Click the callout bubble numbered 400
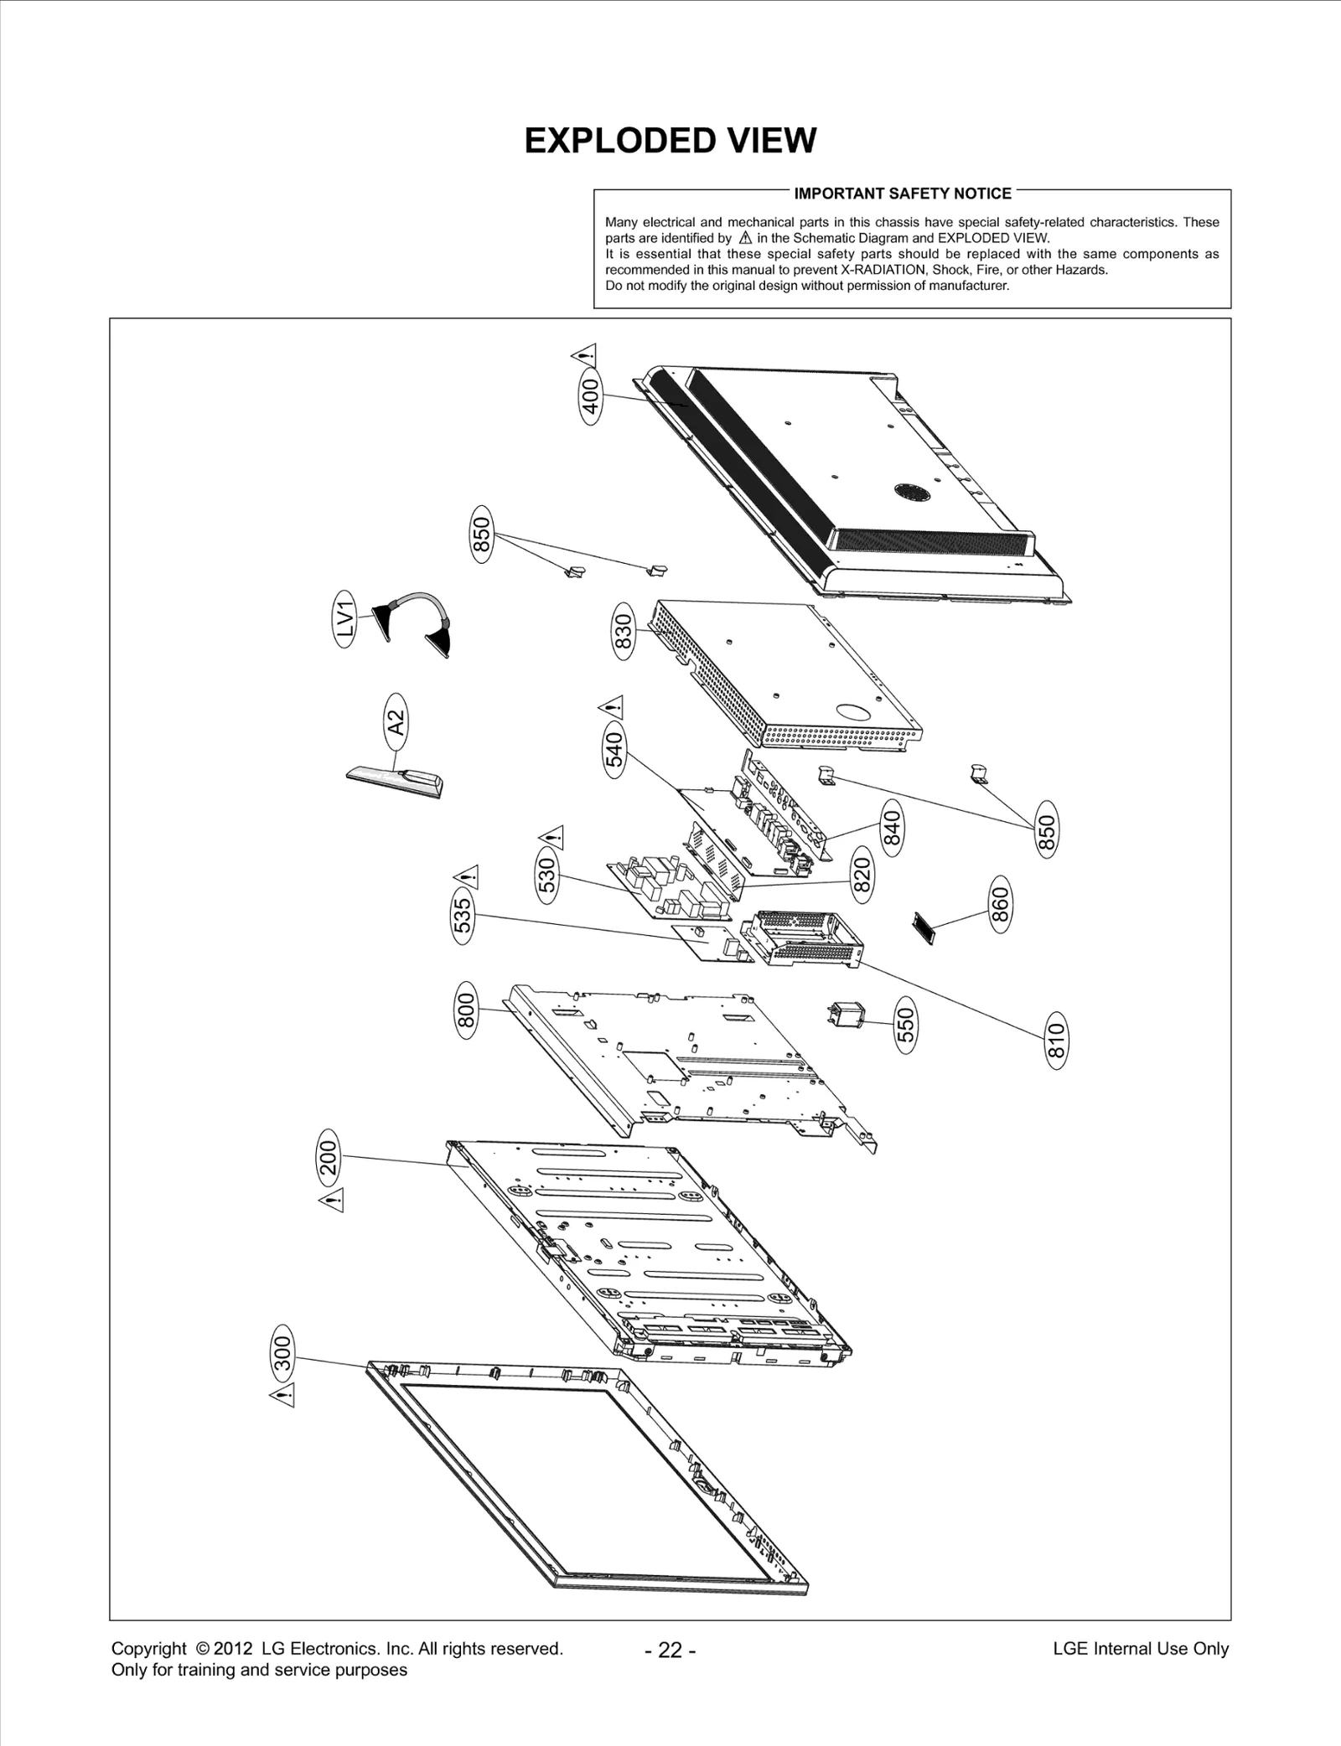(x=591, y=396)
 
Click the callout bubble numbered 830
(x=624, y=636)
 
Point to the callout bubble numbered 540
(x=614, y=750)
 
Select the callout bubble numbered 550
(x=905, y=1025)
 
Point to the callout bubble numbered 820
(x=862, y=874)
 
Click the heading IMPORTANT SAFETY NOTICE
(x=903, y=194)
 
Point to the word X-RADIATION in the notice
(x=878, y=270)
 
